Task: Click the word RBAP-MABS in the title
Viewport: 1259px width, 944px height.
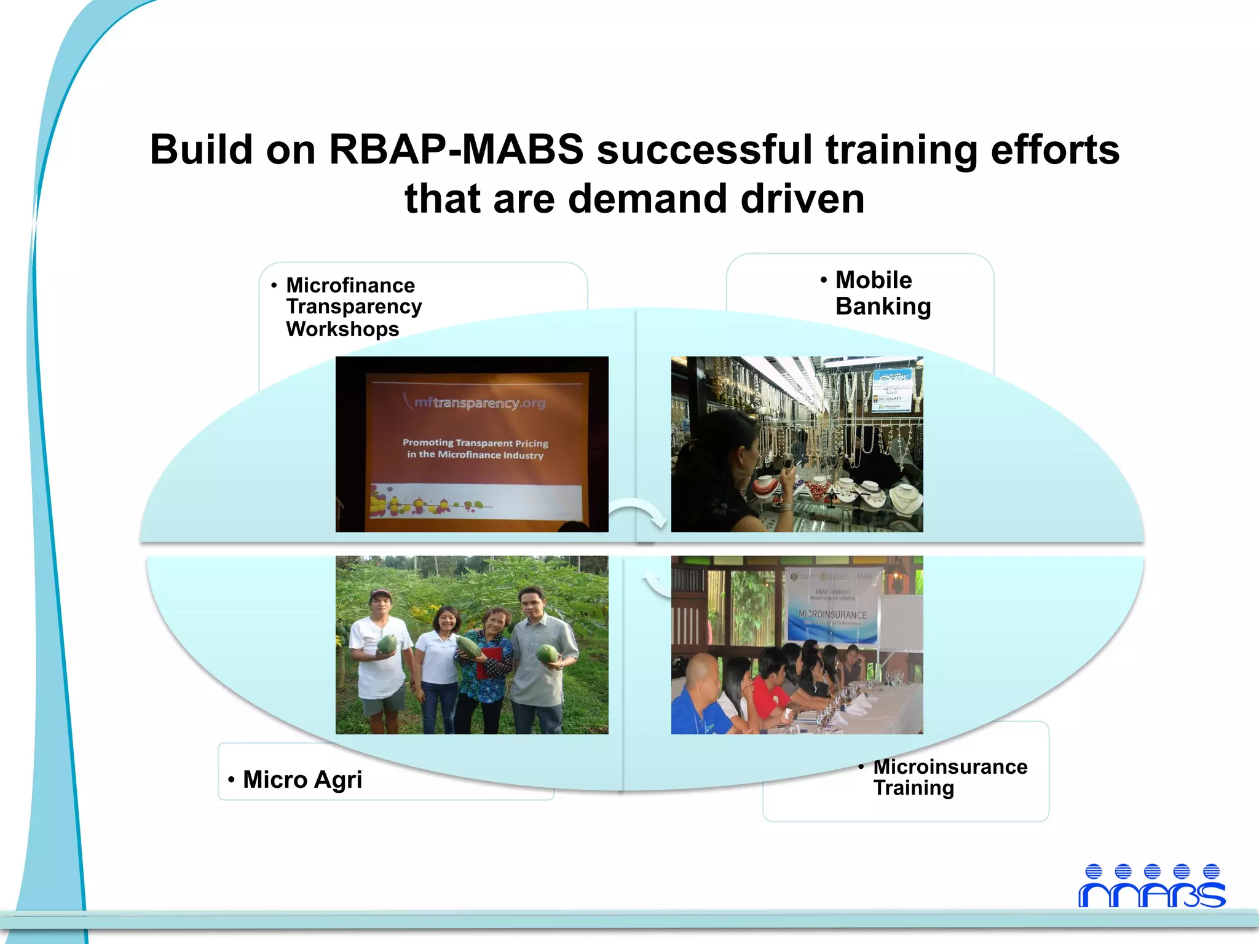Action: tap(456, 149)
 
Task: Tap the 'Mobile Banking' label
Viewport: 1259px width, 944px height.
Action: tap(882, 293)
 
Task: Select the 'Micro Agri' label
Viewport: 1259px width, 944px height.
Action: tap(302, 779)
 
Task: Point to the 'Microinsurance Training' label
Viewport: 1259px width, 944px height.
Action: tap(949, 777)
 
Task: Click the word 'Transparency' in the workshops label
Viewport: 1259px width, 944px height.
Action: tap(353, 307)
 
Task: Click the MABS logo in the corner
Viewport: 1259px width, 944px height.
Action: tap(1151, 886)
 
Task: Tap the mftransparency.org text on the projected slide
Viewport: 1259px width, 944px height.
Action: tap(479, 403)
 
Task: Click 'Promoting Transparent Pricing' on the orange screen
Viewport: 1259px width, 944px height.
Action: tap(475, 442)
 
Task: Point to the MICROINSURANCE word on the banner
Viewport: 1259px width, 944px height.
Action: tap(832, 614)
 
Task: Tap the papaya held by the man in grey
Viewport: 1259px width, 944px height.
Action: tap(547, 653)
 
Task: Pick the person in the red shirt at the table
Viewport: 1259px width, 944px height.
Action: tap(768, 688)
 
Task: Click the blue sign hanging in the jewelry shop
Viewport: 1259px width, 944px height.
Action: tap(894, 390)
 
